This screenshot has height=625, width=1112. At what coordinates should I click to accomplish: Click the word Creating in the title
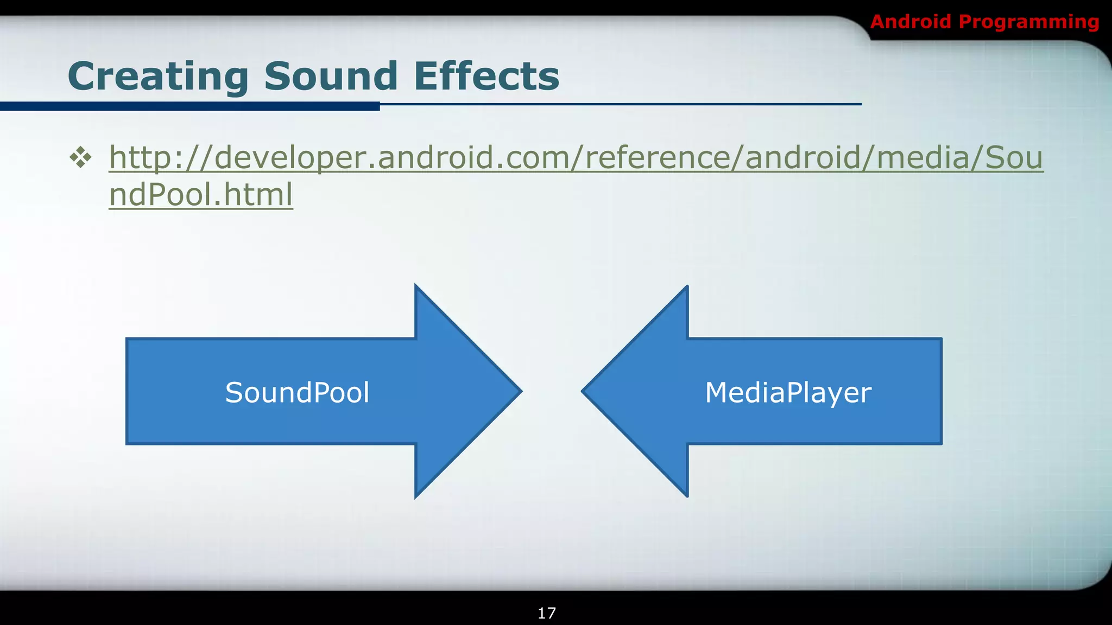point(158,76)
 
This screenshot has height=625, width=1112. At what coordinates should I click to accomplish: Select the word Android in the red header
point(911,22)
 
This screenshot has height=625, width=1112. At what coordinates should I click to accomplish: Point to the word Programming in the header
point(1029,22)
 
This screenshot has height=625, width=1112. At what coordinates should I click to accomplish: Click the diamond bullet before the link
point(80,158)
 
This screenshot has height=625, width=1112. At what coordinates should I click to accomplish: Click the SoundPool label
point(297,392)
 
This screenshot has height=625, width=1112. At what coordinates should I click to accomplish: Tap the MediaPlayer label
point(788,392)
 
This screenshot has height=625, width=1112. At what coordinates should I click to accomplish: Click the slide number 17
point(547,613)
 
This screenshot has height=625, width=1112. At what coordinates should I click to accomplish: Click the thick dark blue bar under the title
point(189,106)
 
